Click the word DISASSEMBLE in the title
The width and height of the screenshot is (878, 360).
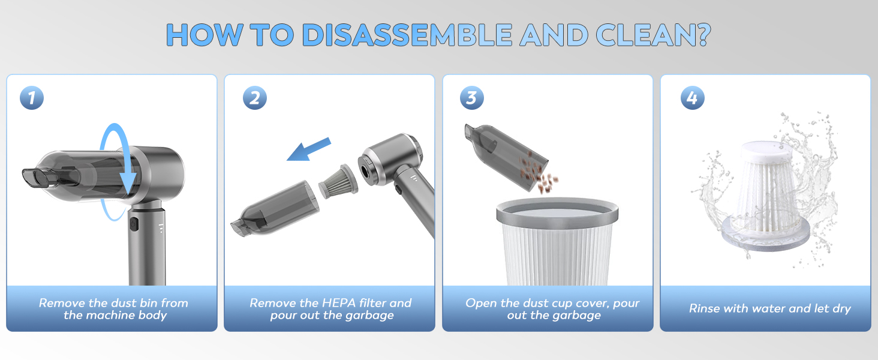pos(407,35)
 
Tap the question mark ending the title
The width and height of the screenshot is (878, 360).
pos(701,34)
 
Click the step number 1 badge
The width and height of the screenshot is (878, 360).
pos(32,98)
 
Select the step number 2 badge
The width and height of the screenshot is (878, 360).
pos(255,98)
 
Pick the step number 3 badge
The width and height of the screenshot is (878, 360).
pos(472,98)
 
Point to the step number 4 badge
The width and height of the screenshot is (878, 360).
pos(693,98)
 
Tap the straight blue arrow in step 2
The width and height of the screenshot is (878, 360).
pos(309,149)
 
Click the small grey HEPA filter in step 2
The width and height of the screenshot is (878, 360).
pos(338,182)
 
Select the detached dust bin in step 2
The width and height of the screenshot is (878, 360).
pos(275,208)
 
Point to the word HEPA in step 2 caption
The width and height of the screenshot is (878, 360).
pos(339,303)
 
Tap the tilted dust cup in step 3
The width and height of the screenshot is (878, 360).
pos(506,155)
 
